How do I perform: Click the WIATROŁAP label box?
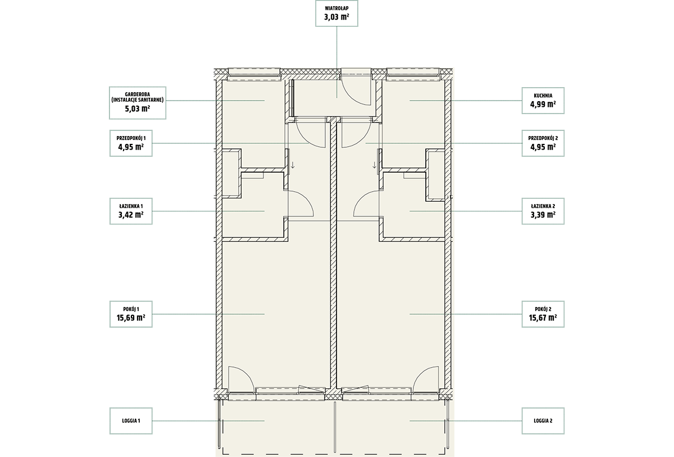[x=336, y=13]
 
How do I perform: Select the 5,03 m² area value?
[x=138, y=108]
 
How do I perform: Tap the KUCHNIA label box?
[x=543, y=101]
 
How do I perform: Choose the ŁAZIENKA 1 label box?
[x=131, y=211]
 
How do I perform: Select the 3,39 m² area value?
[x=543, y=215]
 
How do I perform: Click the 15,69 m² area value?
[x=131, y=318]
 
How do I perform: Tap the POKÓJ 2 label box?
[x=543, y=314]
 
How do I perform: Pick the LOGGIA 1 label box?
[x=131, y=421]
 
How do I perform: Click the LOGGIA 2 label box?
[x=543, y=421]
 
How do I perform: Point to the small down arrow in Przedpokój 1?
[x=293, y=165]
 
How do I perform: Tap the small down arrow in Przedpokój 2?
[x=374, y=165]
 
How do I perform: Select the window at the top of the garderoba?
[x=254, y=74]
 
